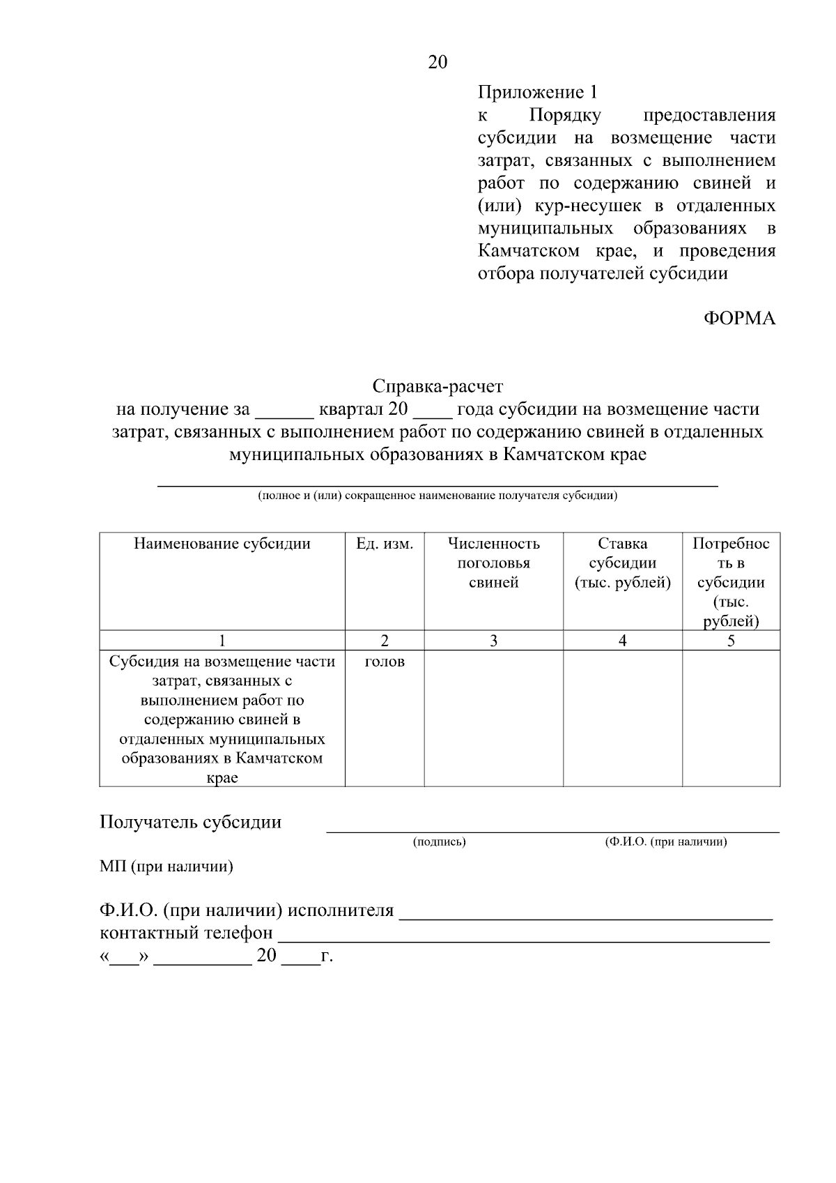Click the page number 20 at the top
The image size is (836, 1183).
click(x=438, y=63)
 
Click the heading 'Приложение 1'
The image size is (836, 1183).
click(x=537, y=93)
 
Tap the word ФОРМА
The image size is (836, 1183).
click(x=738, y=319)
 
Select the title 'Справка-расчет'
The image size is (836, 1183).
click(x=438, y=386)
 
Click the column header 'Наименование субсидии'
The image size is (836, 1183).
click(x=222, y=544)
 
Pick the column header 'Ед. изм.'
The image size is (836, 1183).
click(x=385, y=544)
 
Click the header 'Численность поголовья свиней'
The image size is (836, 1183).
click(x=493, y=563)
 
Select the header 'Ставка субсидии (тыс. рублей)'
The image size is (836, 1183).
click(x=622, y=563)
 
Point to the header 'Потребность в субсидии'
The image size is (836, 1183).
click(x=731, y=582)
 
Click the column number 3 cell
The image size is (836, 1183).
click(x=493, y=641)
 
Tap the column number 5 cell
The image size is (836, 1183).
click(x=731, y=641)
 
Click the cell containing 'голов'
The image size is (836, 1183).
click(x=385, y=662)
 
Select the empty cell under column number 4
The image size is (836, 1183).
click(x=622, y=718)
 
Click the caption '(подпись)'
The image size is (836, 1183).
click(x=439, y=842)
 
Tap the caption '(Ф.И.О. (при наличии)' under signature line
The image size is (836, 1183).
click(x=665, y=842)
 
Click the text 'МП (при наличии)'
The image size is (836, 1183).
click(x=167, y=867)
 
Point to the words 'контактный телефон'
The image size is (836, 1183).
click(x=187, y=933)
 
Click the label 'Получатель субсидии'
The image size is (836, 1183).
click(x=191, y=822)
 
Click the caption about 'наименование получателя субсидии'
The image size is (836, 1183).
click(x=438, y=496)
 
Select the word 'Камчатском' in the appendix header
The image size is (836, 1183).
click(x=528, y=251)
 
